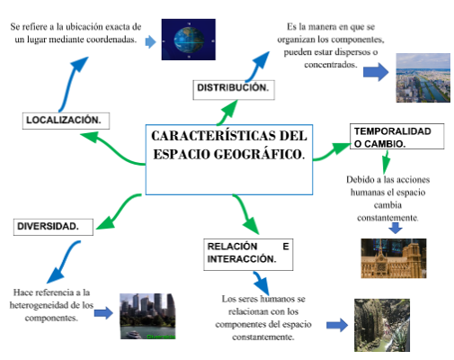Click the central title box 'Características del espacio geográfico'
pos(228,158)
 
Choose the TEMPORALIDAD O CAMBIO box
pos(391,137)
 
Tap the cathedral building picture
pos(392,257)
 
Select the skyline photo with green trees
pos(147,315)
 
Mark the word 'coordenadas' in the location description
pos(106,40)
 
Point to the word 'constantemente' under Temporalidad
pos(387,218)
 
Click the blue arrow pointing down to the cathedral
pos(394,229)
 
